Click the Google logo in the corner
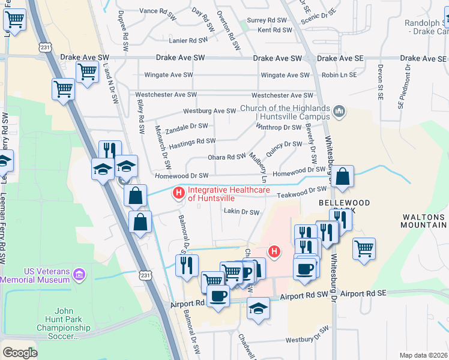20,353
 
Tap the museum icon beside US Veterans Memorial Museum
79,275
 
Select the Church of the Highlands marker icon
339,112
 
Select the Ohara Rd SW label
226,157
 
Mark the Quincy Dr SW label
283,145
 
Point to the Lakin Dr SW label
241,212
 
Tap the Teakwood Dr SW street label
301,191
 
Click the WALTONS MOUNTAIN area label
424,221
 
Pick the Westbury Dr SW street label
307,340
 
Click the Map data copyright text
423,355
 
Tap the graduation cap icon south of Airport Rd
259,308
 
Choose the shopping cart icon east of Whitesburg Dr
364,248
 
